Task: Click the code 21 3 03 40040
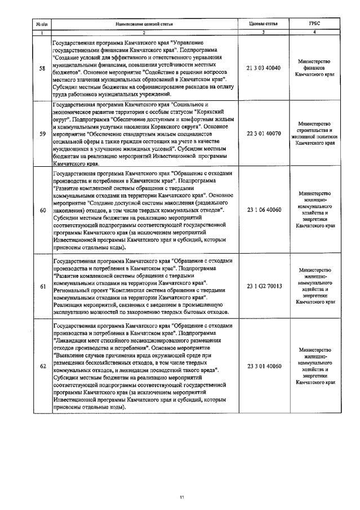(x=263, y=68)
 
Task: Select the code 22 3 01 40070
(x=263, y=134)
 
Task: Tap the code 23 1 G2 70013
(x=263, y=286)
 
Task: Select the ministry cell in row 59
(x=314, y=134)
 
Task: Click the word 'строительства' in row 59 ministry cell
(x=314, y=130)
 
